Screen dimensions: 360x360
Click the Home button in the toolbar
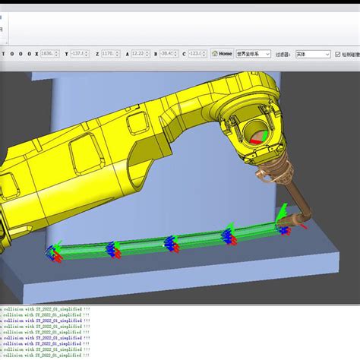(x=222, y=54)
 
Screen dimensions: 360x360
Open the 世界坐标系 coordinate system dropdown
(x=254, y=54)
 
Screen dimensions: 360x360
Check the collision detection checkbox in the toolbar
(x=337, y=54)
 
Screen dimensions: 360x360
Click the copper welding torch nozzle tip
(x=303, y=223)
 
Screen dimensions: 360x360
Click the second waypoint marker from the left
(x=113, y=248)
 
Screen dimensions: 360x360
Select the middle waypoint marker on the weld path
(x=170, y=244)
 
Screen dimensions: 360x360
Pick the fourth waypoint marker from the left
(x=226, y=238)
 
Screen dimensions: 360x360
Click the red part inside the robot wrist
(x=257, y=137)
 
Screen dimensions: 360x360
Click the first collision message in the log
(x=46, y=310)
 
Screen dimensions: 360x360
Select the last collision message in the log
(x=46, y=355)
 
